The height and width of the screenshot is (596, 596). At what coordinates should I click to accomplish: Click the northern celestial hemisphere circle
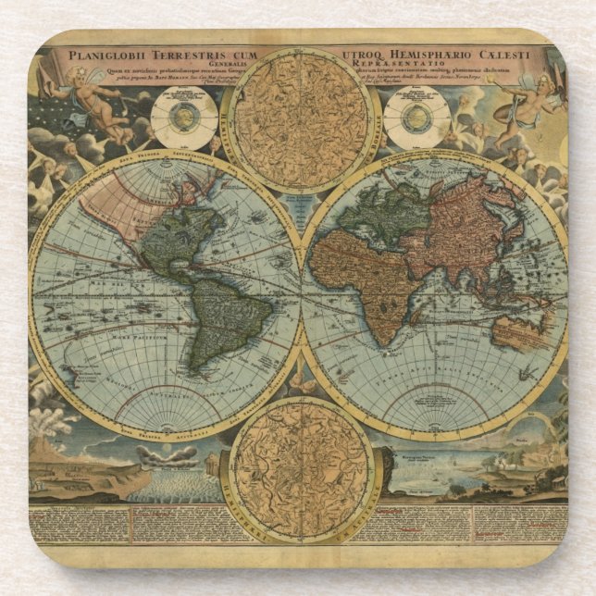click(x=302, y=120)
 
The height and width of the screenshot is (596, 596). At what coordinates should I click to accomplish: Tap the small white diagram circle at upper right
click(x=416, y=118)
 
